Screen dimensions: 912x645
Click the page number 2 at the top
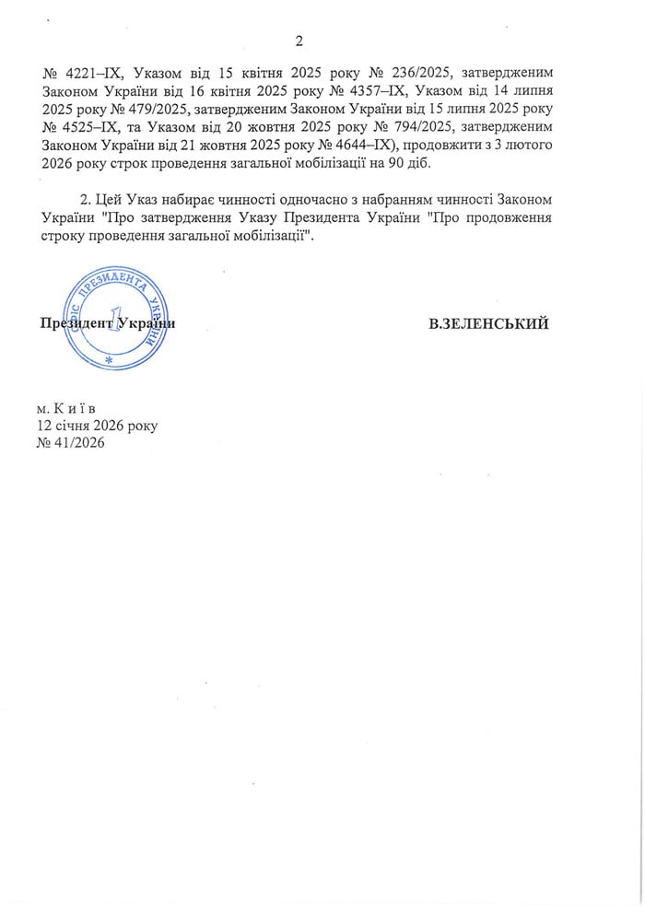[299, 41]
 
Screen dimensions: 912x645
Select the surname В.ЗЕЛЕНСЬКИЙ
[488, 324]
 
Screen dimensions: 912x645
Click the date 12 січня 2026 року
[97, 426]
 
